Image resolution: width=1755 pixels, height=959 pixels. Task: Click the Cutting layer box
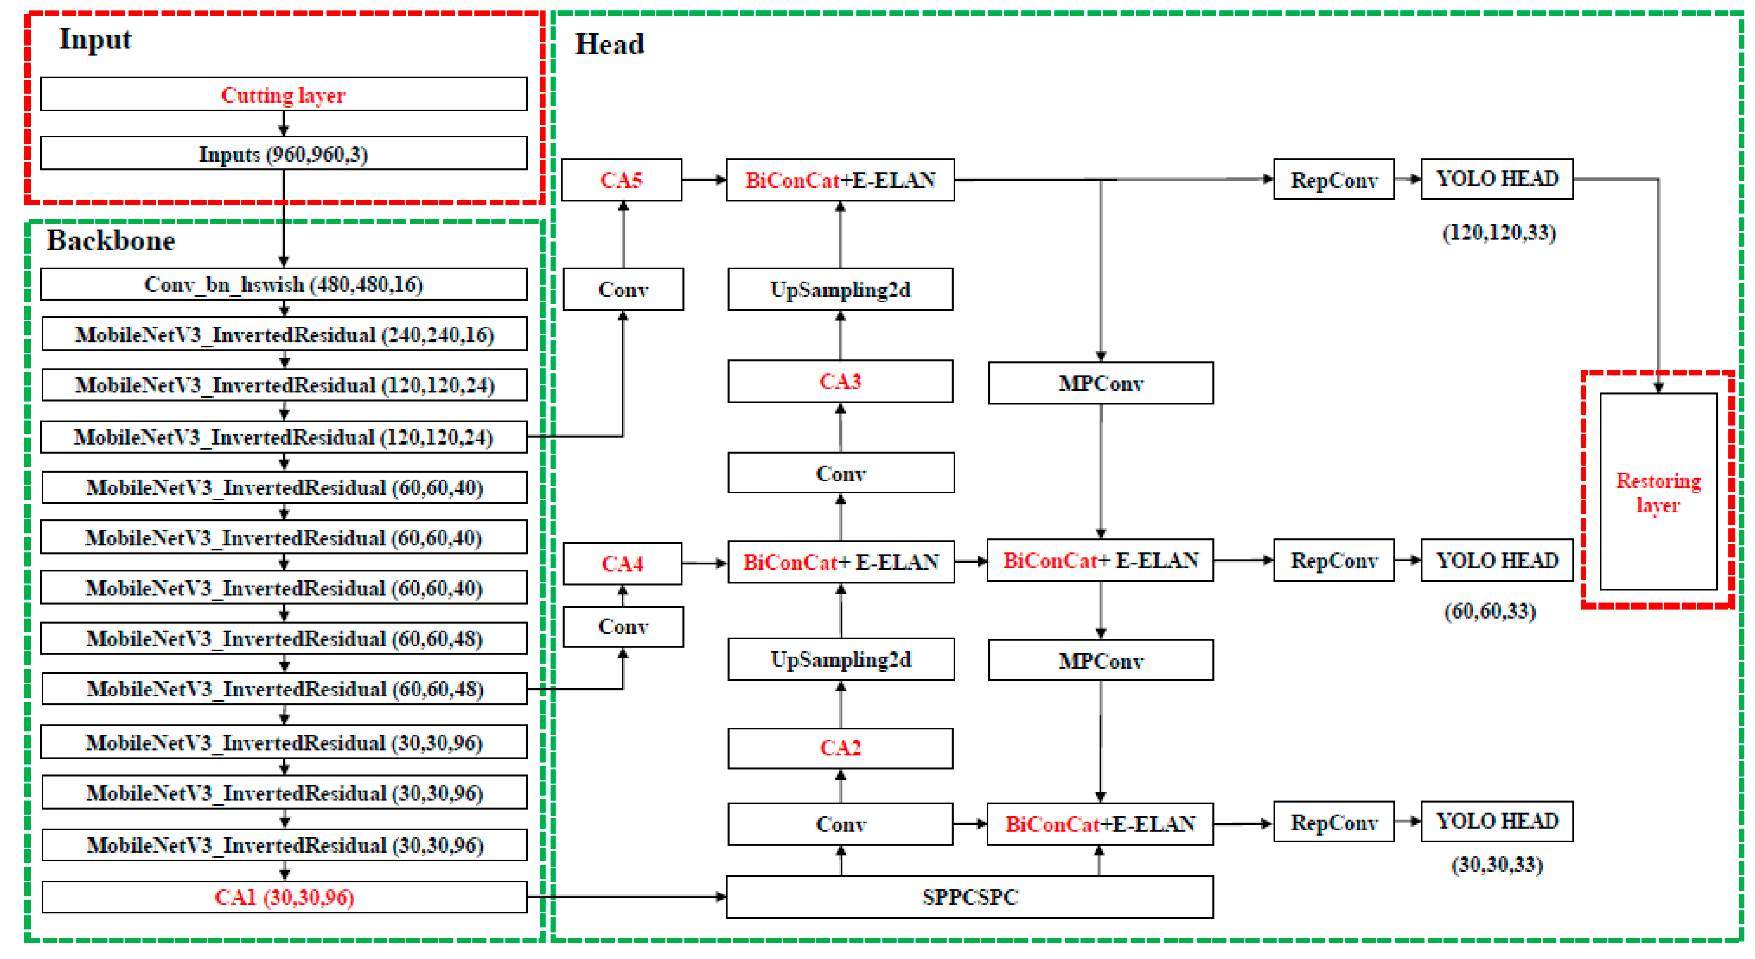283,94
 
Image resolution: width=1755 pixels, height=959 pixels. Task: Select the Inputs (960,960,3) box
283,153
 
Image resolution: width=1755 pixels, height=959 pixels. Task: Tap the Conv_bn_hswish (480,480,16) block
283,284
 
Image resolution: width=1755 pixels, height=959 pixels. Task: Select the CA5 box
621,180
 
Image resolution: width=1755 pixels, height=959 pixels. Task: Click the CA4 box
621,563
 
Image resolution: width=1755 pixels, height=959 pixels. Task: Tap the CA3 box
840,381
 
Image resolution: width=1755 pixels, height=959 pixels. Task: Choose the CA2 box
840,748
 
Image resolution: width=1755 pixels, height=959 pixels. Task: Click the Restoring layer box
1657,492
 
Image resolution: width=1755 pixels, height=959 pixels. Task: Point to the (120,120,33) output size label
1499,233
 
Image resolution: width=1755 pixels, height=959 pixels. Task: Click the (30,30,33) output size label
1497,864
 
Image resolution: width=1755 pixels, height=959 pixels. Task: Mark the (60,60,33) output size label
1490,611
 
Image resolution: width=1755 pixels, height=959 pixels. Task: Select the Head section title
609,44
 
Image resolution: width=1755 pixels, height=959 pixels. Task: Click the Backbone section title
110,241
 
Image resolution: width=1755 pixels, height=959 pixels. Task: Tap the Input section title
95,39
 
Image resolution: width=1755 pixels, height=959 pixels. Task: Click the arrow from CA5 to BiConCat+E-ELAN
704,180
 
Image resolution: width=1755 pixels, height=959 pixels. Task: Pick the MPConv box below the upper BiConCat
1100,383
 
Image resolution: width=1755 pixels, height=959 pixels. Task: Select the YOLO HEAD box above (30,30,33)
1497,822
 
